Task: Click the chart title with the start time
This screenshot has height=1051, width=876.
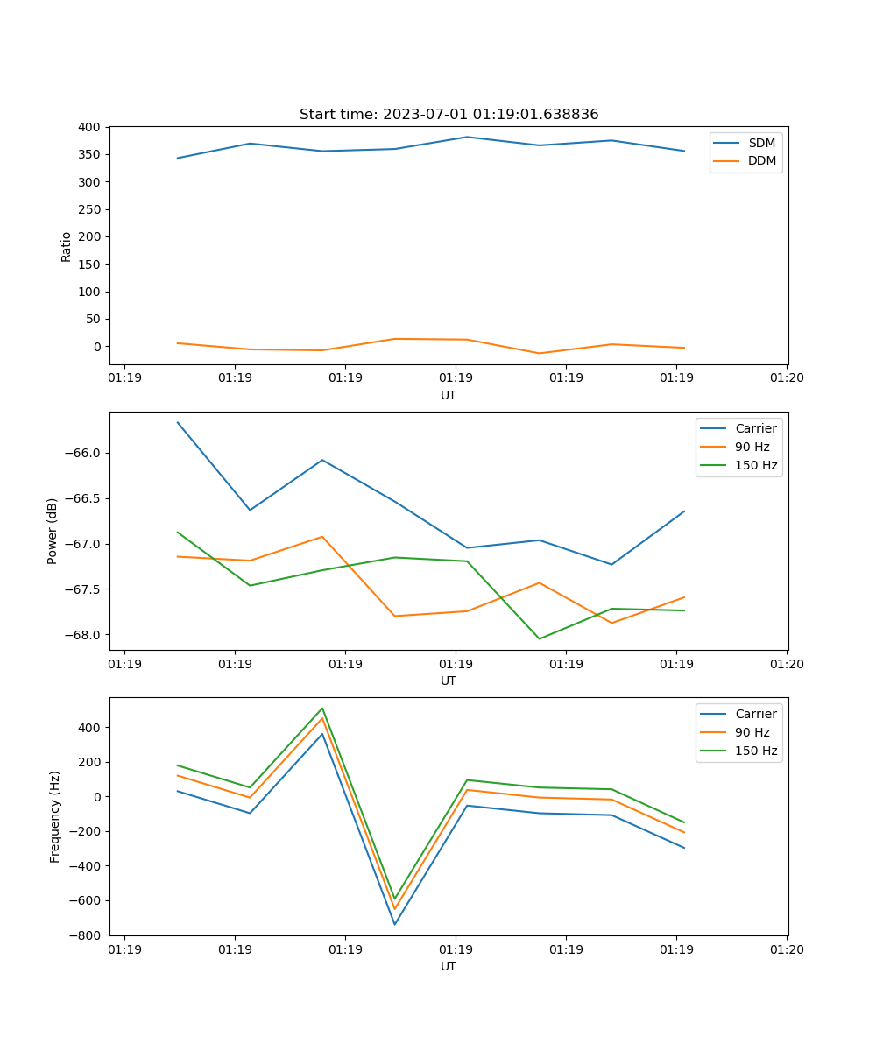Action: click(449, 115)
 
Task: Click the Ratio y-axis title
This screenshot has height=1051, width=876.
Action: click(67, 246)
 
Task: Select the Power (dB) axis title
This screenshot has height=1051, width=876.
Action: click(53, 531)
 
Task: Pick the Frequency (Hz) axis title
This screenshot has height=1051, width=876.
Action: click(54, 816)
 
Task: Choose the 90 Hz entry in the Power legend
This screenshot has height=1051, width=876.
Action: click(752, 447)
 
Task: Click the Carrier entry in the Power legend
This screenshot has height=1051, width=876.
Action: click(755, 428)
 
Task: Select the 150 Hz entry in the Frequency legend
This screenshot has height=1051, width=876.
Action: click(756, 751)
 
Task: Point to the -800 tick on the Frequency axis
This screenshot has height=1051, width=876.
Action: click(88, 935)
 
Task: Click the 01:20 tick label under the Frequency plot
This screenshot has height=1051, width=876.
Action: click(786, 949)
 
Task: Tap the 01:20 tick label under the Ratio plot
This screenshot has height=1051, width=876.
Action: click(786, 378)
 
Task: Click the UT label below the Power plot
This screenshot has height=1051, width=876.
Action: click(449, 681)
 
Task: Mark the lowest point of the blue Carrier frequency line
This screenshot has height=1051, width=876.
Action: click(394, 924)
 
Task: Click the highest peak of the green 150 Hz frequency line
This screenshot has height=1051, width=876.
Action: click(322, 708)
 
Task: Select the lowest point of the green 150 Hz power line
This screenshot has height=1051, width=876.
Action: click(539, 638)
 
